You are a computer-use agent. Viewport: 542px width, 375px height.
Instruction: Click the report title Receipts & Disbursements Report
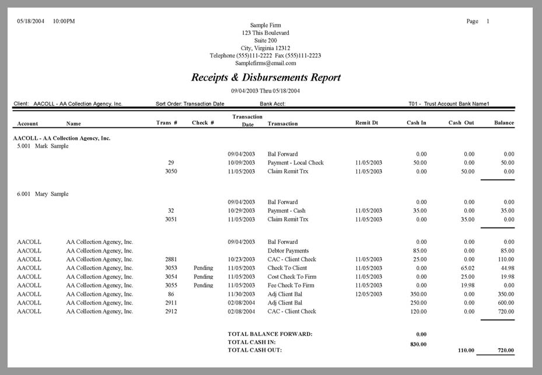pos(265,78)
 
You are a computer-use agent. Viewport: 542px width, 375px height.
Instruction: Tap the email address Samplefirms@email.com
pos(265,63)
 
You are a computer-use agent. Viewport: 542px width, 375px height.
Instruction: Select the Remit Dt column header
pos(366,123)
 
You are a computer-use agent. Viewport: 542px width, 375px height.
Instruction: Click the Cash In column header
pos(416,123)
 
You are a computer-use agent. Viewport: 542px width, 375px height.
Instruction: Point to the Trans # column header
pos(167,123)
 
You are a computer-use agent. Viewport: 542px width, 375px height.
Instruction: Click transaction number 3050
pos(171,171)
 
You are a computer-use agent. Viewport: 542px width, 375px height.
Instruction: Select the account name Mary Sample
pos(52,194)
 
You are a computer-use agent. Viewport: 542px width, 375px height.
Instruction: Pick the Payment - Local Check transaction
pos(295,163)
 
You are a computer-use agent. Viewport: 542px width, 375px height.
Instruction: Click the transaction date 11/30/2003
pos(241,294)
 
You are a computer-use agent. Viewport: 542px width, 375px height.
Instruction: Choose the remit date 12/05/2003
pos(369,294)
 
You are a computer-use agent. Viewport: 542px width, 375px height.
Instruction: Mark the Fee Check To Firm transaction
pos(292,285)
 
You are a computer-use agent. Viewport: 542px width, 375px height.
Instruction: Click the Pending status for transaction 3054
pos(203,276)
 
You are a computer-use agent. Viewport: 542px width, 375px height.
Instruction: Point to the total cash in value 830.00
pos(417,344)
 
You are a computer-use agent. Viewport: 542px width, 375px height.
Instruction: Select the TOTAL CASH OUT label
pos(254,350)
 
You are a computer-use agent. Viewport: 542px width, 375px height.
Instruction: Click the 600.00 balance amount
pos(505,303)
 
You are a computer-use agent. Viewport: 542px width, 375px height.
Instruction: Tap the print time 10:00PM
pos(64,21)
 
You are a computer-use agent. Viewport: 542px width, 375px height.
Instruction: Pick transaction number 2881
pos(171,259)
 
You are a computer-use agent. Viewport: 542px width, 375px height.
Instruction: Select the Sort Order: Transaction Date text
pos(190,104)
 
